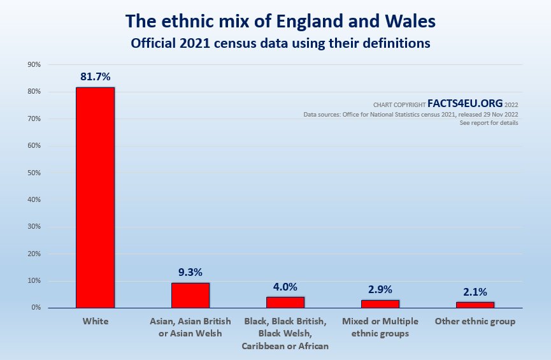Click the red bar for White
click(x=95, y=198)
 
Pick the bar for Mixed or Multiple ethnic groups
click(x=380, y=304)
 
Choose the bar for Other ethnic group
click(x=475, y=305)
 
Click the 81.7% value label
click(x=95, y=76)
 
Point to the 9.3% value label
click(x=190, y=272)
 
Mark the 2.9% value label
click(x=380, y=289)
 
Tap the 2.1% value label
click(x=475, y=292)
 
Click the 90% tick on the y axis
click(x=33, y=65)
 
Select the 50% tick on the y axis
click(x=33, y=173)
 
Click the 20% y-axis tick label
click(x=33, y=254)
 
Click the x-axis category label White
click(x=96, y=322)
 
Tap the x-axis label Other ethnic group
click(x=475, y=322)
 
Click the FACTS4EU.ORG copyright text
click(x=464, y=103)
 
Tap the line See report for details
click(x=489, y=123)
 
